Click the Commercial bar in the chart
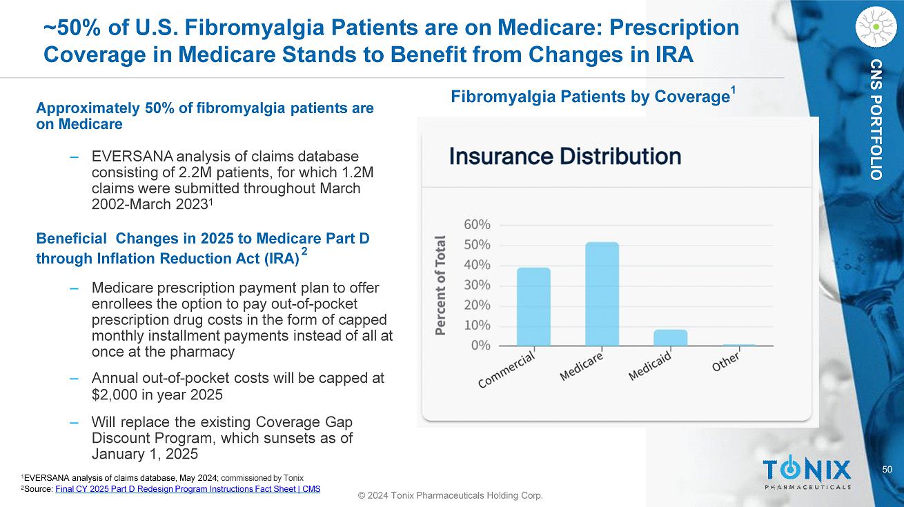[533, 306]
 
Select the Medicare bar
[602, 294]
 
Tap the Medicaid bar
[670, 337]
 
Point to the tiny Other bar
[738, 344]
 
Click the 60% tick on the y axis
[477, 224]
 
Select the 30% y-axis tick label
[477, 285]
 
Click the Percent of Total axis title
[440, 285]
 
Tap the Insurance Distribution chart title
[565, 156]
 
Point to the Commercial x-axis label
[508, 370]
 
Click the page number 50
[887, 470]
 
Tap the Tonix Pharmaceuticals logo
[807, 473]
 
